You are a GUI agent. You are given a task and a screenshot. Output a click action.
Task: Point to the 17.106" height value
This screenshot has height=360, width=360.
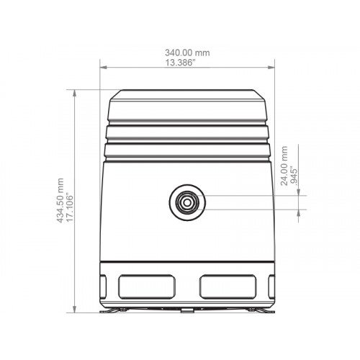tap(71, 202)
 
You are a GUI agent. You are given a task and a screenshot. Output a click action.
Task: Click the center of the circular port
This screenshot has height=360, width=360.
tap(186, 203)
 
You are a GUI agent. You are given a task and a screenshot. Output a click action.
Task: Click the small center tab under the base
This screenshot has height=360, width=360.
tap(186, 310)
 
